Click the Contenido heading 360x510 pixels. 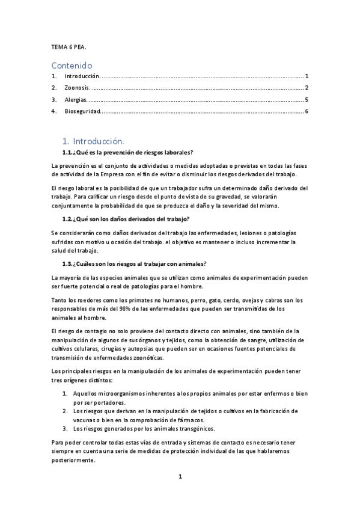click(x=72, y=64)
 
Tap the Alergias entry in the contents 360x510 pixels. click(x=76, y=99)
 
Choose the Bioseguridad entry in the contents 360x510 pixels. click(x=82, y=111)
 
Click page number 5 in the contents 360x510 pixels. click(x=307, y=99)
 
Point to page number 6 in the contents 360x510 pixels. click(x=307, y=111)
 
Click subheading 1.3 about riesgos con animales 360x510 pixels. click(x=135, y=263)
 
